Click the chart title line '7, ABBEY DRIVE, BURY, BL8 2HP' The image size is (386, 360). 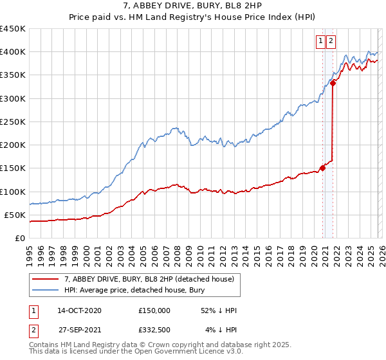(x=192, y=7)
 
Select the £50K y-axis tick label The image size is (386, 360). (x=15, y=215)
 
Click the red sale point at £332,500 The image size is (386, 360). (x=333, y=83)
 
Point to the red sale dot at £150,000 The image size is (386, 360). (x=322, y=168)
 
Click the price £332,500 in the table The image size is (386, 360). (x=154, y=330)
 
